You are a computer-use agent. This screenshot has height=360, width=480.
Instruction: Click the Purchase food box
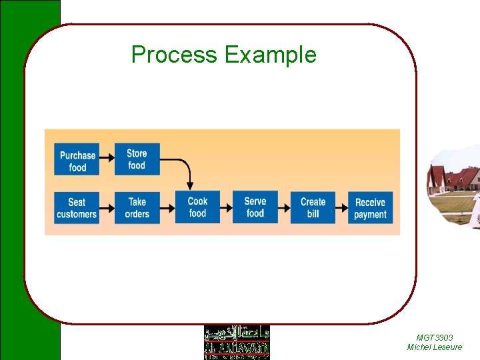tap(77, 161)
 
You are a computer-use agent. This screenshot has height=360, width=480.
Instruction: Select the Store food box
tap(137, 159)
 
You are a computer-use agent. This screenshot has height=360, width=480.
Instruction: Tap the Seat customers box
tap(77, 207)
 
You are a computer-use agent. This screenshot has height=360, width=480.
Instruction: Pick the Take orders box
tap(137, 207)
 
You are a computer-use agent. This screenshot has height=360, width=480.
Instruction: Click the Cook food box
tap(197, 207)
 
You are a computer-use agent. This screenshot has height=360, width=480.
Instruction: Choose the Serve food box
tap(255, 207)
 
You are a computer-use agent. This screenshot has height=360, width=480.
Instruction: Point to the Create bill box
tap(313, 207)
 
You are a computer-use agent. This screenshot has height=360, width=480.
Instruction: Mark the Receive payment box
tap(370, 207)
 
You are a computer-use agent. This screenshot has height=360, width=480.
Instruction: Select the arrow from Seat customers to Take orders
tap(107, 207)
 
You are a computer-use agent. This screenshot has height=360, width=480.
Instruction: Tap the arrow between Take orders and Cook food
tap(167, 207)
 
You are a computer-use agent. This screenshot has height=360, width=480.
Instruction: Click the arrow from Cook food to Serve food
tap(226, 207)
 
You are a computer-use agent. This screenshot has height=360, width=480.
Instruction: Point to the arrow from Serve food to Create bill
tap(284, 207)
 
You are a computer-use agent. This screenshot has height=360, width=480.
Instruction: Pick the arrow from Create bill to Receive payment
tap(341, 207)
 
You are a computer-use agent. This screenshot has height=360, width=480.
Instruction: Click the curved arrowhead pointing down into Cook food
tap(190, 184)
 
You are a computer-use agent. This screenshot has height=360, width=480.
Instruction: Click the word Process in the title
tap(175, 55)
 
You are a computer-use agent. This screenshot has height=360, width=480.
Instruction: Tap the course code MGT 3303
tap(434, 338)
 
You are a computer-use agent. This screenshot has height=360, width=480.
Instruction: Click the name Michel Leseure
tap(434, 347)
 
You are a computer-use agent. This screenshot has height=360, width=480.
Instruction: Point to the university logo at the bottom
tap(237, 342)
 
